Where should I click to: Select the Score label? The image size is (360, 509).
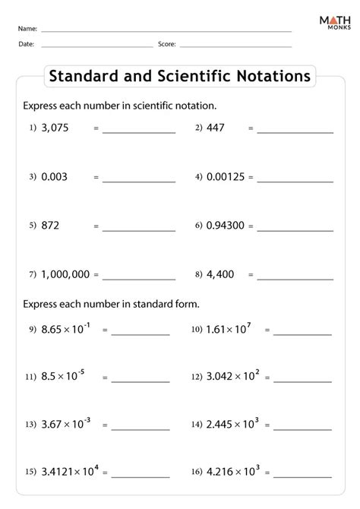coord(167,44)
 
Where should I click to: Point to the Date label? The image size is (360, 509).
coord(26,44)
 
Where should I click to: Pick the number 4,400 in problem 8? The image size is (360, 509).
coord(221,274)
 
